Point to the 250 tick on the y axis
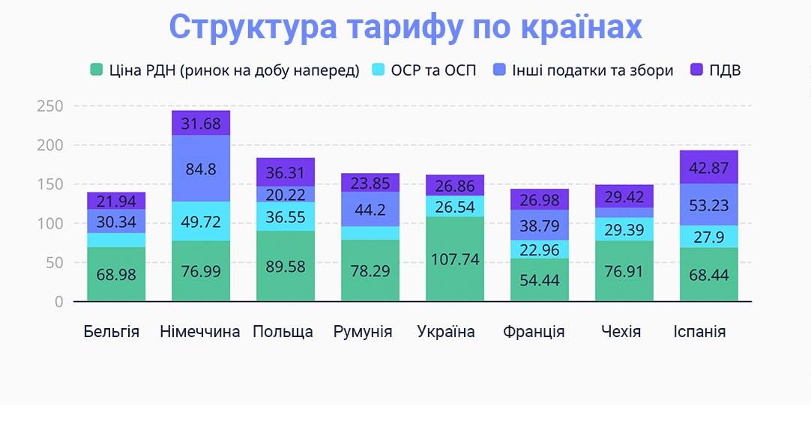pos(49,106)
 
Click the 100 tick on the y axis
pos(49,223)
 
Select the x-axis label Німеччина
pos(200,332)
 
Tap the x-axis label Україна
pos(446,332)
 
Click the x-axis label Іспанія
pos(699,332)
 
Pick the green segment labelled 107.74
pos(455,259)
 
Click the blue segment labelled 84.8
pos(201,169)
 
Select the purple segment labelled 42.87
pos(708,167)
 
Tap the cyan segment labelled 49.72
pos(201,222)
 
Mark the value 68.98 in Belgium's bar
pos(116,274)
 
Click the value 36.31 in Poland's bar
pos(286,172)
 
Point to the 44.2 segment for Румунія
pos(370,209)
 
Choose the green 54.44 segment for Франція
pos(540,280)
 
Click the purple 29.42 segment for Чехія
pos(624,196)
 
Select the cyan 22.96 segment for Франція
pos(540,249)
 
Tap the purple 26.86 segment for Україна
pos(455,185)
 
